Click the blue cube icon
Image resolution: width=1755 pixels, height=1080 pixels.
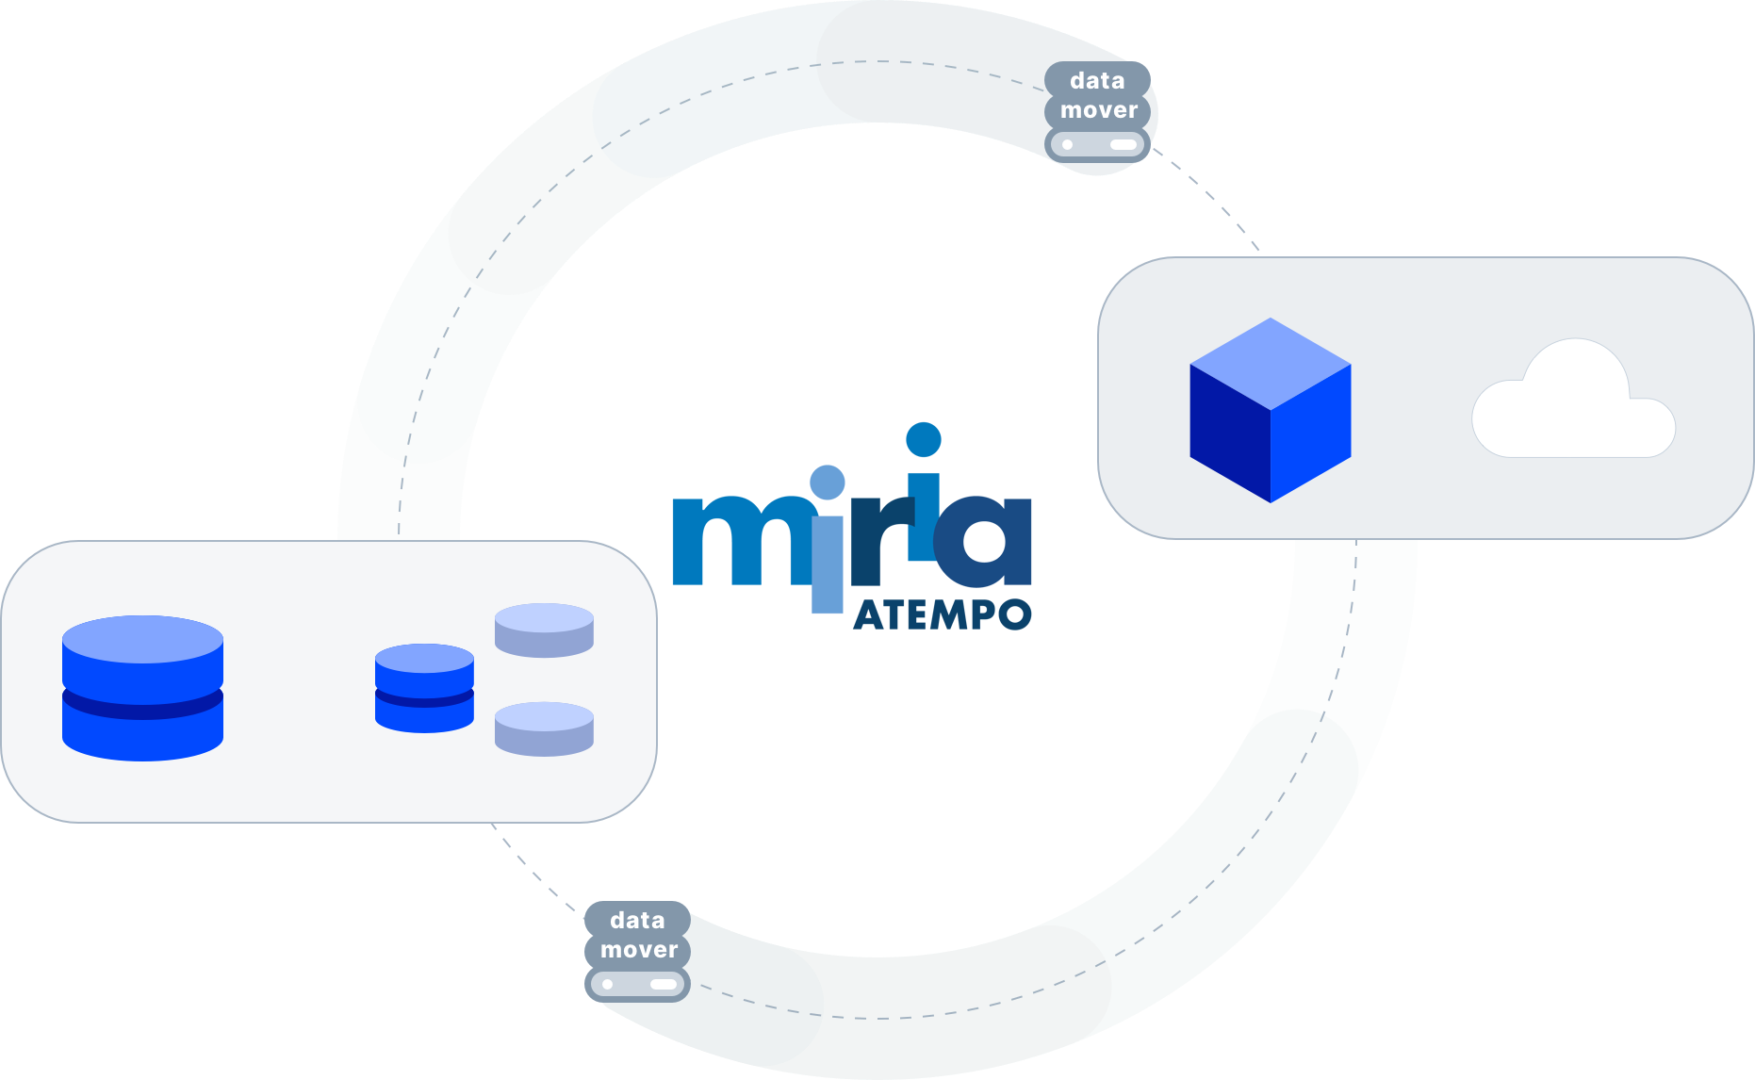click(1271, 410)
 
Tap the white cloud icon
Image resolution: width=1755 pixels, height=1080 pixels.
click(1573, 401)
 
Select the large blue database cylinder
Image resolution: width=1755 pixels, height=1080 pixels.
click(142, 688)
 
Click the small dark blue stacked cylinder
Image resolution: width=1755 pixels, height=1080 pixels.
click(424, 688)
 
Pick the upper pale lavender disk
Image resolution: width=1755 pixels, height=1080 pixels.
click(544, 630)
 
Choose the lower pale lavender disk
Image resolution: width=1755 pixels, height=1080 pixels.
click(544, 728)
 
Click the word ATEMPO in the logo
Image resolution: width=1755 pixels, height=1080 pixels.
click(942, 615)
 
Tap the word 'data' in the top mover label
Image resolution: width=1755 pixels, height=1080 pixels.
click(1097, 80)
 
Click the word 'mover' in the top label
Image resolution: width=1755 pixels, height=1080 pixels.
click(1099, 110)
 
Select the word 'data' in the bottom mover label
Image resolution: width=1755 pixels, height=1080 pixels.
click(637, 920)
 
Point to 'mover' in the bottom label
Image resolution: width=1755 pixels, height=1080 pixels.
click(639, 950)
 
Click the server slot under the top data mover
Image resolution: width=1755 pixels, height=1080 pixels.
click(1097, 145)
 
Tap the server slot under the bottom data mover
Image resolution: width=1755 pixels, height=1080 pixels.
click(637, 985)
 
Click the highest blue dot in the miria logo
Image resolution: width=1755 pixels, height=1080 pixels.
click(924, 440)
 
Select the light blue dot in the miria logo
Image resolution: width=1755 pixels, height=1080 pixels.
click(828, 483)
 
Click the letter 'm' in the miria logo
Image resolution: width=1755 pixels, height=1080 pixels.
click(741, 541)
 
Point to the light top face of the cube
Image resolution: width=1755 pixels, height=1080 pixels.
click(1271, 364)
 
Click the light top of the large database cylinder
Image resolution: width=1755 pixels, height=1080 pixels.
click(142, 640)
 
